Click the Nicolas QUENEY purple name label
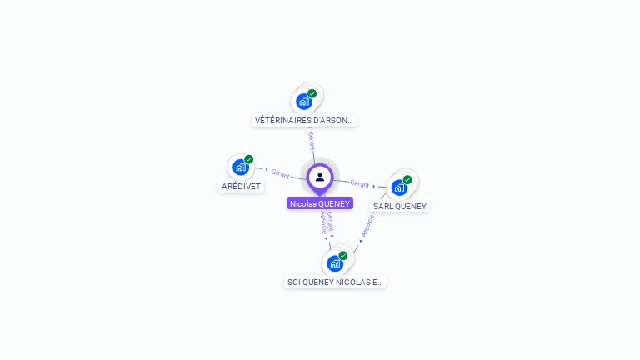(320, 203)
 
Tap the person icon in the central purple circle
(320, 177)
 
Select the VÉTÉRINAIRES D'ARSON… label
(304, 120)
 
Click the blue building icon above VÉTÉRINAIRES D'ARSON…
(304, 102)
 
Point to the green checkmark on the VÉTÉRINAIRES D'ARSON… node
(312, 93)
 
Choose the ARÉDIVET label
(242, 186)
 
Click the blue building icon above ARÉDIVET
(241, 167)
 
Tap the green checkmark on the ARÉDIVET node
(249, 159)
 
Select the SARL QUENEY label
(400, 206)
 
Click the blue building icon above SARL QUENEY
(399, 187)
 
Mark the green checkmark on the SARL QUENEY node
(407, 179)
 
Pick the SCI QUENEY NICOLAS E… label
(335, 282)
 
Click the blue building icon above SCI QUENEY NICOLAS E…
(335, 263)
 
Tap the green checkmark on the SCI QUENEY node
(343, 256)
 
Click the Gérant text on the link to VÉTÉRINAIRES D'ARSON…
(312, 140)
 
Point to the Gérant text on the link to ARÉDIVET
(280, 173)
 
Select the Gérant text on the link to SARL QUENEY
(359, 183)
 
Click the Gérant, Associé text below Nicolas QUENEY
(327, 222)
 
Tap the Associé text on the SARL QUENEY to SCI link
(367, 224)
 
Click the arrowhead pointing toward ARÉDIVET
(266, 170)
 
